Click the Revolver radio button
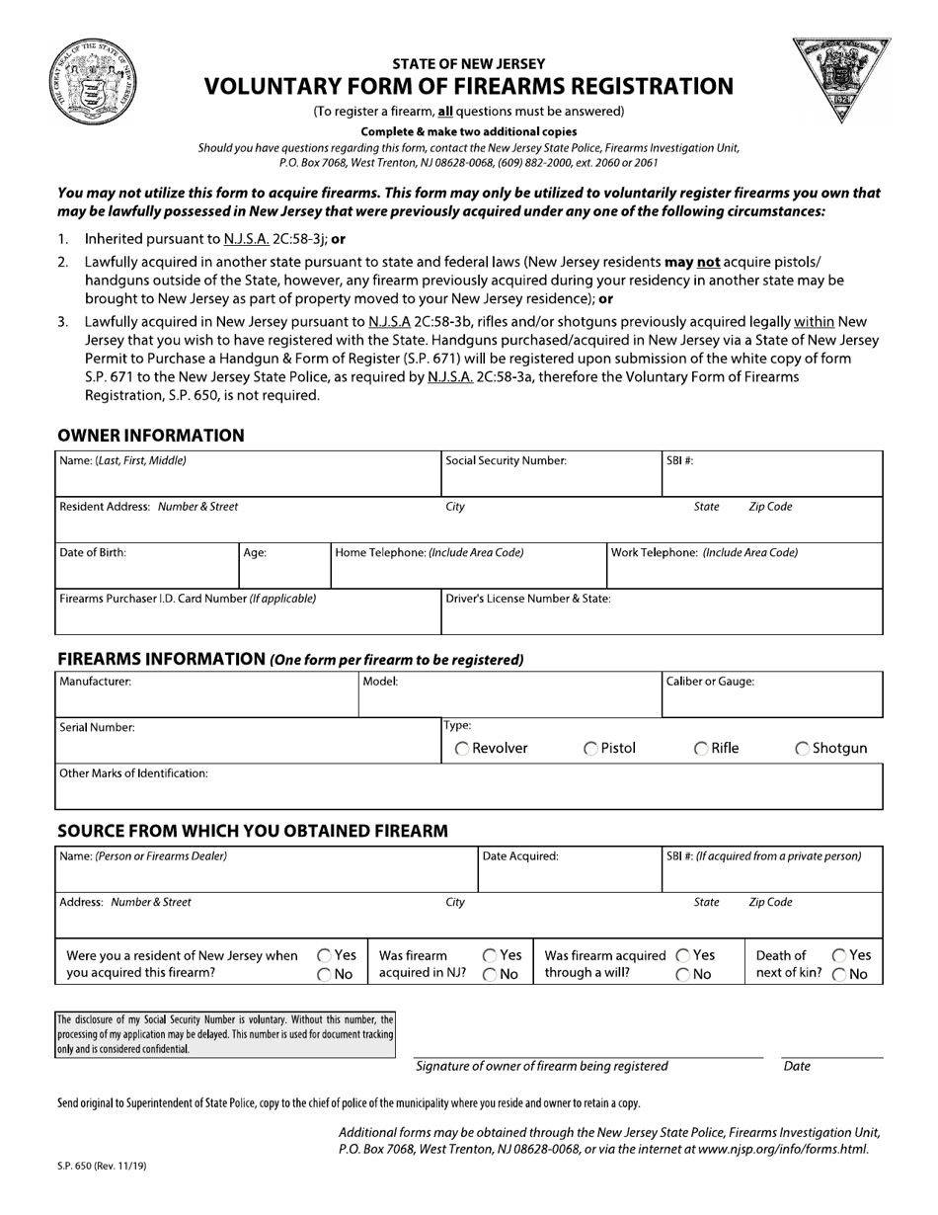[462, 749]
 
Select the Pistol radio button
[590, 749]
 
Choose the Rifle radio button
[701, 749]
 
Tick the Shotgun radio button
[802, 749]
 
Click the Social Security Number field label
[506, 460]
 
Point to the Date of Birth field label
[93, 553]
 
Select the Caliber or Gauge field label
[711, 682]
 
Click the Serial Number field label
[97, 728]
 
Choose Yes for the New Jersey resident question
[324, 956]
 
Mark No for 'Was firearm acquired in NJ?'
[490, 975]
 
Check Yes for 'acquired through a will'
[683, 956]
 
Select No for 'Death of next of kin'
[838, 975]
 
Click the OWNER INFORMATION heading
[151, 436]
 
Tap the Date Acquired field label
[520, 856]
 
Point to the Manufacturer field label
[95, 682]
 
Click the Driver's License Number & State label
[527, 599]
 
